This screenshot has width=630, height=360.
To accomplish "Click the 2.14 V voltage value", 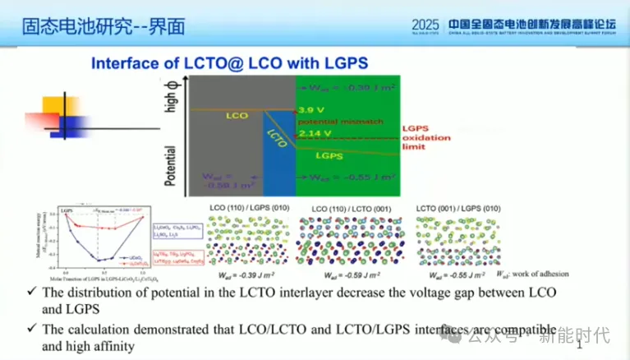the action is (x=314, y=133).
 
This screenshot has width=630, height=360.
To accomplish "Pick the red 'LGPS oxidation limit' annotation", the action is (x=424, y=137).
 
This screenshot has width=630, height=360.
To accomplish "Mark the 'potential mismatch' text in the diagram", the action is (x=338, y=120).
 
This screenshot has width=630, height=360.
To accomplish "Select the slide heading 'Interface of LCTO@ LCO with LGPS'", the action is (x=229, y=63).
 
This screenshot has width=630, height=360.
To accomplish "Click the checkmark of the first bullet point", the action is (x=30, y=292).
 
